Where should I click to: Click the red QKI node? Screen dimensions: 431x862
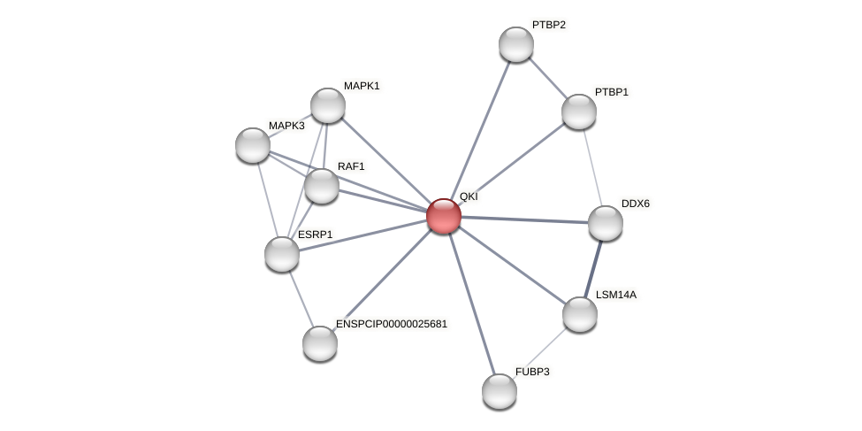(x=443, y=216)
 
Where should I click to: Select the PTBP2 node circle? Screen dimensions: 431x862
(x=516, y=44)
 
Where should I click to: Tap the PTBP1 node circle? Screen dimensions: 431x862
(x=579, y=112)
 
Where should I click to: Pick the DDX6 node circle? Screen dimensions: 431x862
(x=606, y=223)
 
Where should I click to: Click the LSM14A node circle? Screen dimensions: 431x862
(x=580, y=314)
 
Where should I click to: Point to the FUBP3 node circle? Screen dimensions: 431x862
(x=500, y=391)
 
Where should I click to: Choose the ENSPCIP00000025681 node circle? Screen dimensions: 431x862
(x=320, y=343)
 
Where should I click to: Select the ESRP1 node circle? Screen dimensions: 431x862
(x=282, y=254)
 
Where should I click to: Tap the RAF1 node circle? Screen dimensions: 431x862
(x=322, y=186)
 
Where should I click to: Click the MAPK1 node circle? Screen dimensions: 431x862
(x=328, y=105)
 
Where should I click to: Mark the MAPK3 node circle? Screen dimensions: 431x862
(x=253, y=145)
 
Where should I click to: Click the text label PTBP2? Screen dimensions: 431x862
(x=548, y=25)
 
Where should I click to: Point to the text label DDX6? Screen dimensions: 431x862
(x=635, y=204)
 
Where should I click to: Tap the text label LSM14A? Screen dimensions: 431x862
(x=615, y=295)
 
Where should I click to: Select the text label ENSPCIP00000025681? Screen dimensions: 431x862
(x=391, y=324)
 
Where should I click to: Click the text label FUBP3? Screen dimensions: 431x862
(x=532, y=372)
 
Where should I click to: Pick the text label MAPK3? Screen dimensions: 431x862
(x=286, y=126)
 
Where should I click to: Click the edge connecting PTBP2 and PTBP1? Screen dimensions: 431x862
(x=548, y=78)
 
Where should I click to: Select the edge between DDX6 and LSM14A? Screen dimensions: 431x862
(x=593, y=268)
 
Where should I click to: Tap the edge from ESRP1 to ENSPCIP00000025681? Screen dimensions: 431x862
(x=301, y=298)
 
